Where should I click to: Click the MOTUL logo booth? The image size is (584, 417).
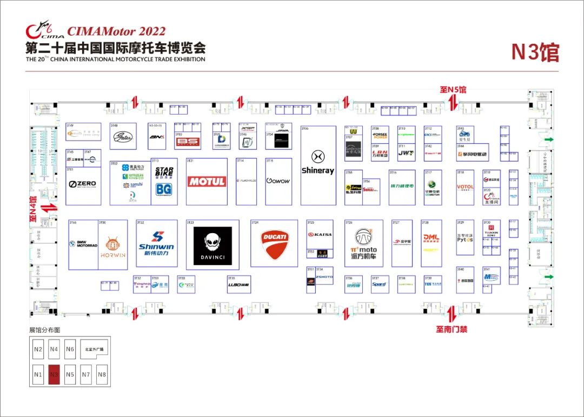(207, 182)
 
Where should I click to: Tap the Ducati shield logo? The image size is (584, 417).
(275, 244)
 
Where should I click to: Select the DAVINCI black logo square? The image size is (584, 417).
(213, 246)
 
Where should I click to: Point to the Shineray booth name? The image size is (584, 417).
(318, 171)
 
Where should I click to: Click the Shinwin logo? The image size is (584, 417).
(156, 243)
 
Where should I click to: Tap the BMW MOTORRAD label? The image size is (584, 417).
(83, 244)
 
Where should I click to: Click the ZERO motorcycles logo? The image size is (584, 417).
(83, 184)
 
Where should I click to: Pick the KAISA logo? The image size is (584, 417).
(320, 234)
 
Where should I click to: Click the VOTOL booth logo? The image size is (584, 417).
(465, 187)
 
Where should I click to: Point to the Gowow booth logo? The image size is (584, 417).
(278, 181)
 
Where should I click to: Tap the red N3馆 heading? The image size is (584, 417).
(535, 52)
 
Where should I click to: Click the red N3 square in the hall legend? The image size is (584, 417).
(54, 374)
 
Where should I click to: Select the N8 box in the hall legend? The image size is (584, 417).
(102, 374)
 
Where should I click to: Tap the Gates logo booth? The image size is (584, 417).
(123, 137)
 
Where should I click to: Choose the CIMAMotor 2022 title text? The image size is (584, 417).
(116, 31)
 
